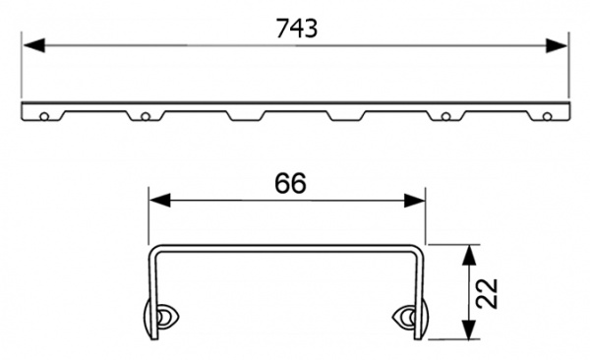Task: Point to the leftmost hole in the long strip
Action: [x=43, y=117]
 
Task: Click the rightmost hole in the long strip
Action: [x=547, y=117]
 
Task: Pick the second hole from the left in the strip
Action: [x=145, y=117]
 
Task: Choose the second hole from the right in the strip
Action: [x=445, y=117]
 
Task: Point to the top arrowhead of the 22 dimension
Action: [x=470, y=253]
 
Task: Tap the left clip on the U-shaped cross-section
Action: [x=160, y=317]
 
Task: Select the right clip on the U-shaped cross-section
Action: [x=409, y=317]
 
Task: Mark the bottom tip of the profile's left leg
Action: [x=150, y=336]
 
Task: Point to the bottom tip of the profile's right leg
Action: [x=424, y=336]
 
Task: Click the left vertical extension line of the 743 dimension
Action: [x=21, y=69]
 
